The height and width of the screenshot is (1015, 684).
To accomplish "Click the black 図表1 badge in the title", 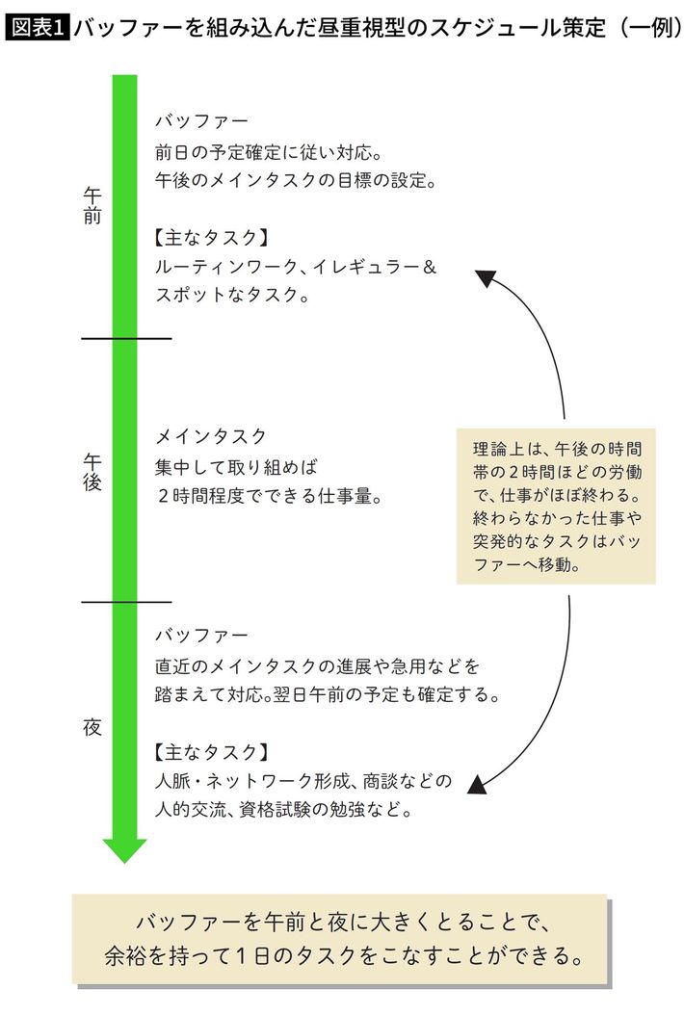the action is click(37, 27).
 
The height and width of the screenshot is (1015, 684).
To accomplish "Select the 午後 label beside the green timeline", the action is click(92, 472).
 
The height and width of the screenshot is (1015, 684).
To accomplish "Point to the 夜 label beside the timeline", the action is click(92, 727).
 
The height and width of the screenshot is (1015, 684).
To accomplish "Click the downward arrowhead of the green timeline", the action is click(125, 850).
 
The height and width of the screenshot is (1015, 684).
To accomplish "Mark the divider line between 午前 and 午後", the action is click(126, 339).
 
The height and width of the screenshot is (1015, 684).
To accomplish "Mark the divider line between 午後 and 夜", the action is click(126, 602).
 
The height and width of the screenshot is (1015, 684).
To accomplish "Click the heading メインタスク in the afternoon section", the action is click(211, 437).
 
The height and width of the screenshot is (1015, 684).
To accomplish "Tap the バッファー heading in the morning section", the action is click(201, 121).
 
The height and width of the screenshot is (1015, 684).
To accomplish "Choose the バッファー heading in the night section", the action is click(201, 635).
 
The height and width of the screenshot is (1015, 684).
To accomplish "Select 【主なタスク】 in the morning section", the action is click(211, 238).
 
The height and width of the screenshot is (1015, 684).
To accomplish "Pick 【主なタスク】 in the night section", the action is click(211, 751).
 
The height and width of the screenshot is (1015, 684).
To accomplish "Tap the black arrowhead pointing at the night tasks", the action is click(477, 784).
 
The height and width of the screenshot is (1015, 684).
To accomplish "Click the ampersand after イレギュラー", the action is click(430, 267).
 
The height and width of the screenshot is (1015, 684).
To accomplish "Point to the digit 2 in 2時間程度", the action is click(164, 496).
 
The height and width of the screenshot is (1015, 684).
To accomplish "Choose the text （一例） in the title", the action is click(647, 27).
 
